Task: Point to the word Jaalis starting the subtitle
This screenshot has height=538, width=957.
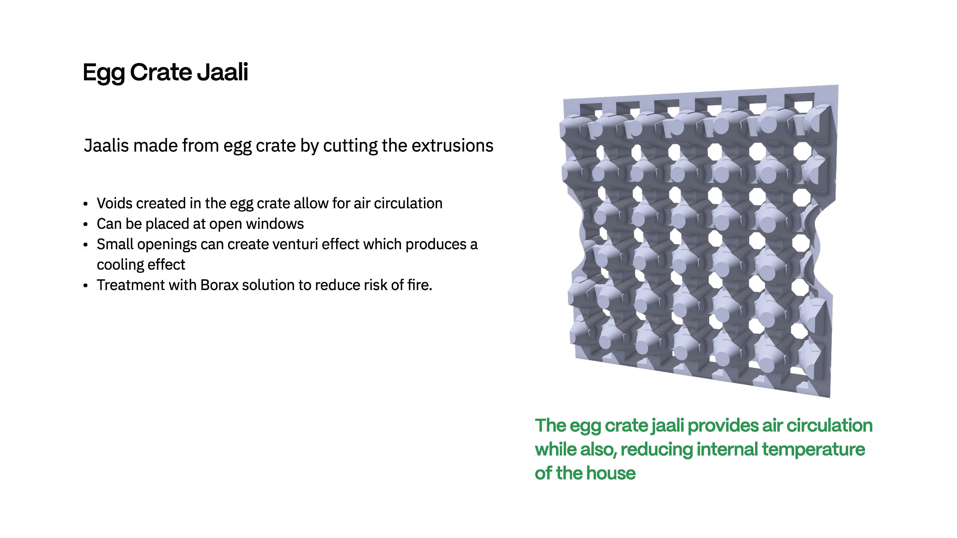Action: click(106, 146)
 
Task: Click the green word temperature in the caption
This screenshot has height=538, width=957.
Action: click(814, 449)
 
